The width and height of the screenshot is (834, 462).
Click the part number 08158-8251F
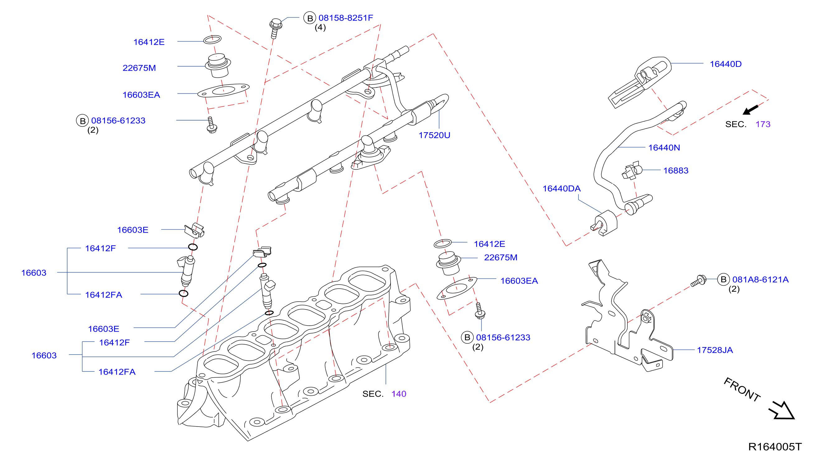click(x=345, y=18)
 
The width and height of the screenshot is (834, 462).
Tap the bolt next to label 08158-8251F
click(x=275, y=29)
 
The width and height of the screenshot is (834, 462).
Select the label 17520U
click(x=434, y=135)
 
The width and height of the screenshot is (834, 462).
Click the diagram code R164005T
click(x=775, y=446)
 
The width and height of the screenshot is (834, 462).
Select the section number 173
click(x=763, y=124)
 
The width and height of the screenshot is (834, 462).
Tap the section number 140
click(x=399, y=394)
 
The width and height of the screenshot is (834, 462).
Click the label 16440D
click(x=725, y=64)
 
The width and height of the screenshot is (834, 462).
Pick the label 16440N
click(x=664, y=148)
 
